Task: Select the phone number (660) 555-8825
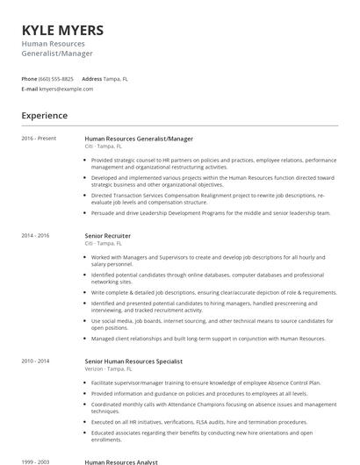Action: coord(57,78)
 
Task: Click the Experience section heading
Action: coord(45,115)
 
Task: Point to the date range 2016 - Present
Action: coord(39,139)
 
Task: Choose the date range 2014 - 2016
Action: coord(36,235)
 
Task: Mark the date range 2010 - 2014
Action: coord(36,361)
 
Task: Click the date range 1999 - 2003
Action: coord(36,461)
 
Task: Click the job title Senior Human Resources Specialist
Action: coord(134,361)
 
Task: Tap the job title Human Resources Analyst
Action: coord(122,461)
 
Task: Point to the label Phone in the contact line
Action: coord(29,78)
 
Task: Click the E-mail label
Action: coord(30,89)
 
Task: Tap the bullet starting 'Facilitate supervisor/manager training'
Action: coord(205,383)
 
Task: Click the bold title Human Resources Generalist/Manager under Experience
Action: coord(139,139)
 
